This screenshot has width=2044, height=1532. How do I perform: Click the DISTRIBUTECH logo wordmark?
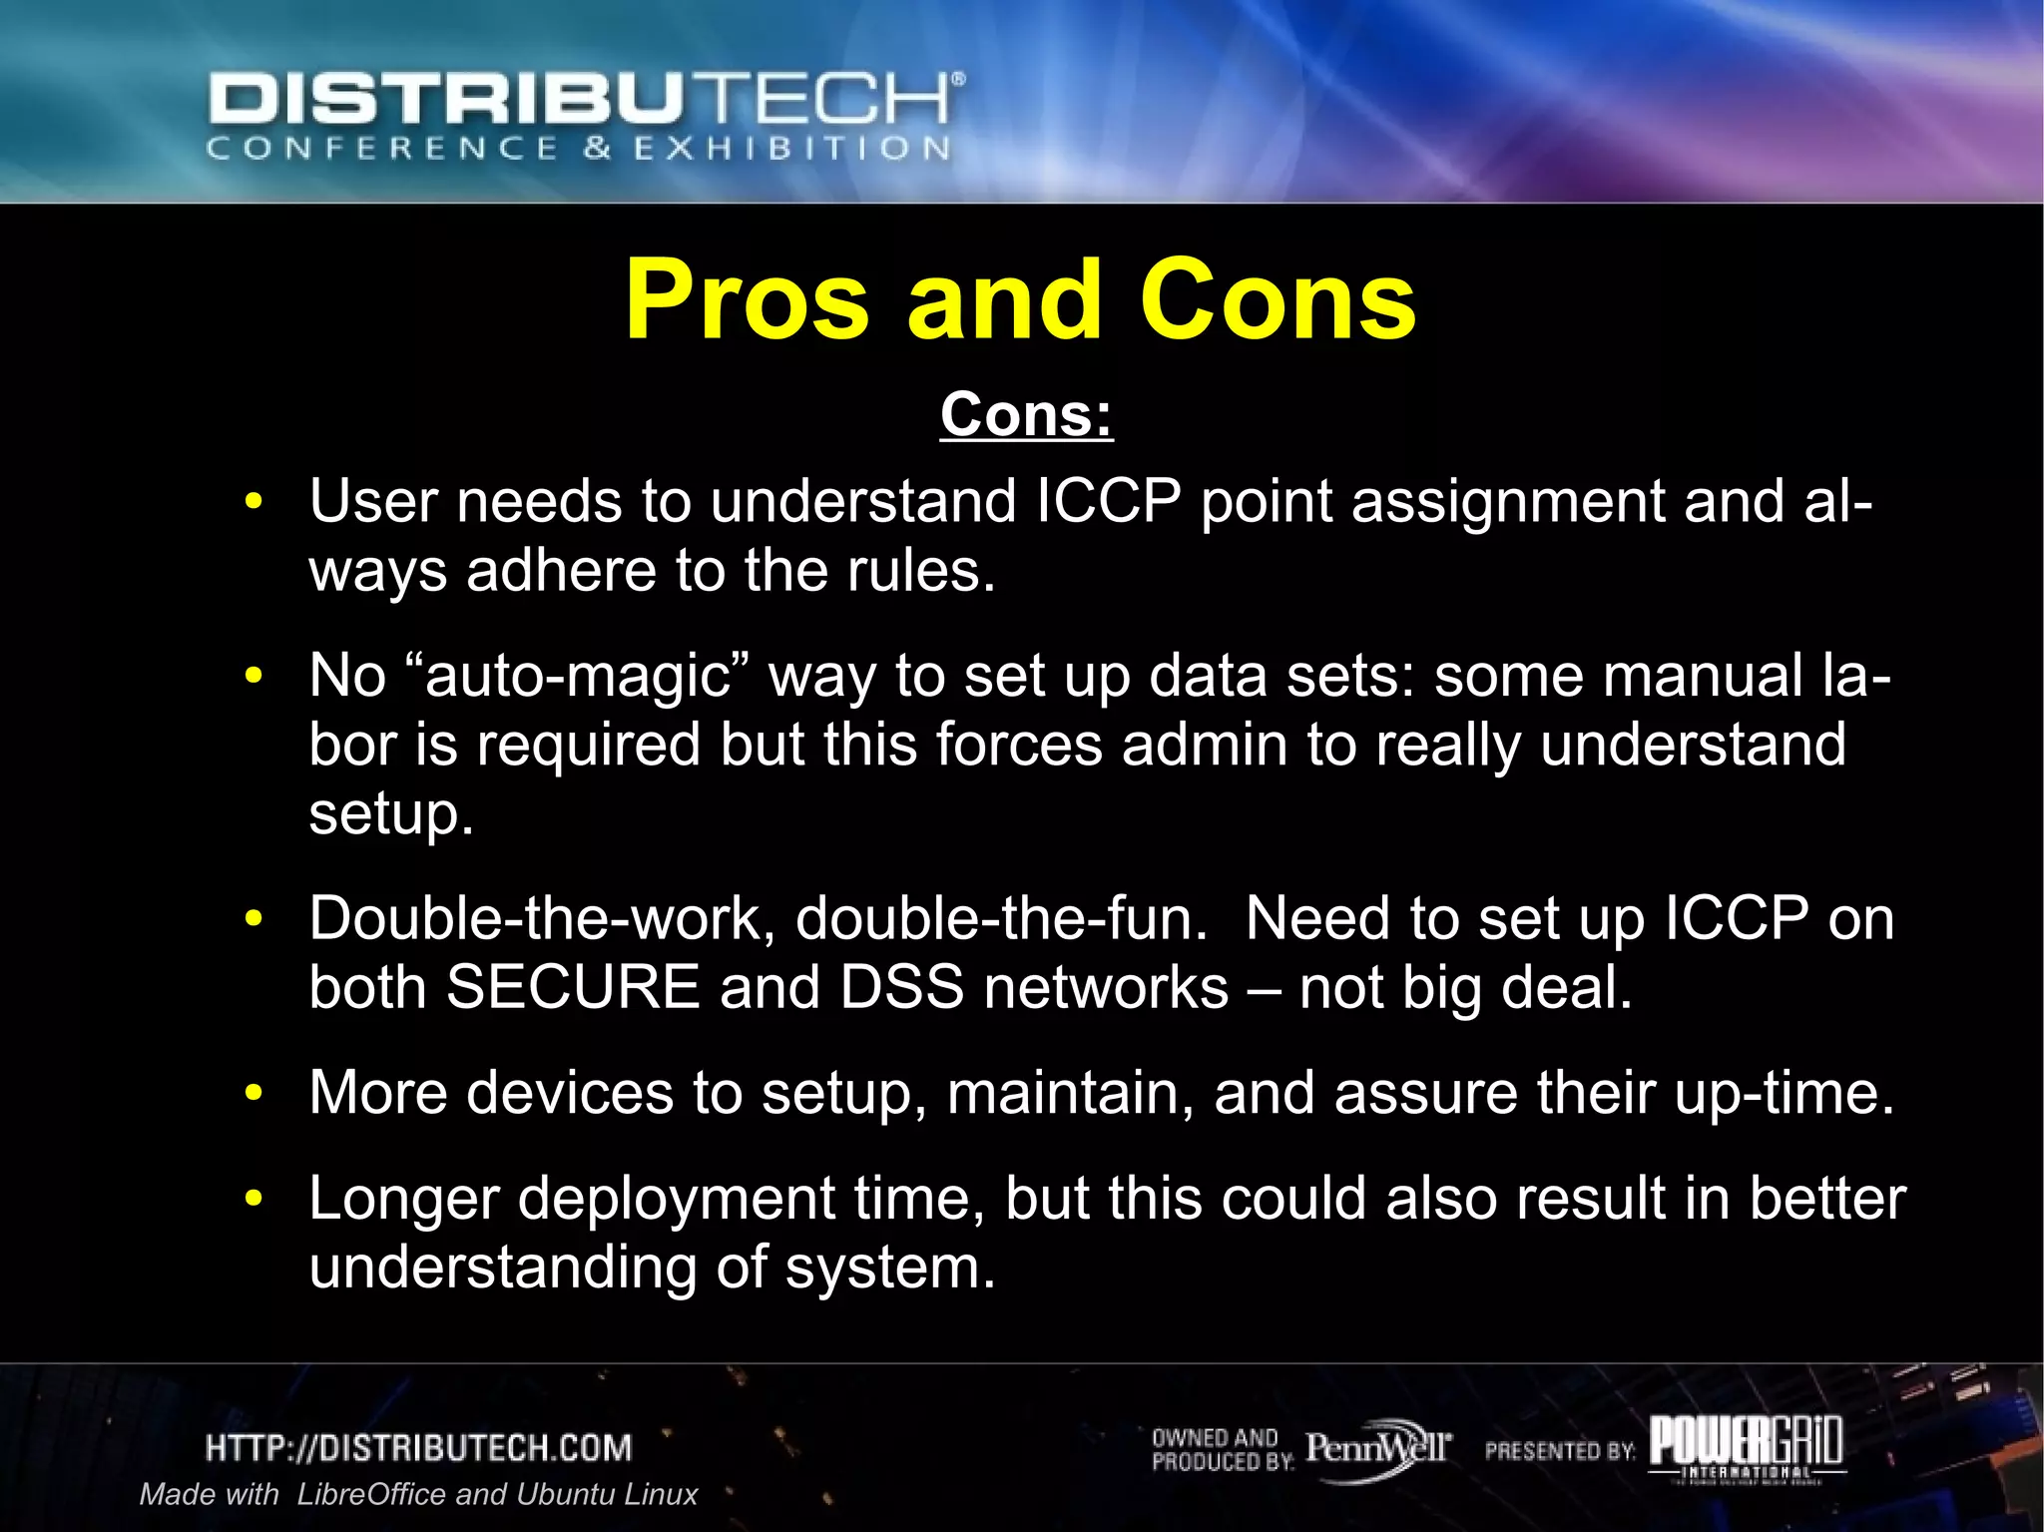coord(586,101)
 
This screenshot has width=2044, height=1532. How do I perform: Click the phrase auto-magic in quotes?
coord(578,676)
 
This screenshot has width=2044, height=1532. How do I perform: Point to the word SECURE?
coord(573,988)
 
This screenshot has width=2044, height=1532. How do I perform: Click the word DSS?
coord(901,988)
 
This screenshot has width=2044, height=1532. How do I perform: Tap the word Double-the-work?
coord(541,918)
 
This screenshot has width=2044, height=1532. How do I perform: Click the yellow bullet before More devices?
coord(254,1093)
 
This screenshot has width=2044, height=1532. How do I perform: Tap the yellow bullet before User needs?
coord(254,501)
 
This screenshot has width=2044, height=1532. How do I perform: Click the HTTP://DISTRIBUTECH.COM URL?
coord(419,1448)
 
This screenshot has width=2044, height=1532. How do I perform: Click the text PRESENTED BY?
coord(1560,1451)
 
